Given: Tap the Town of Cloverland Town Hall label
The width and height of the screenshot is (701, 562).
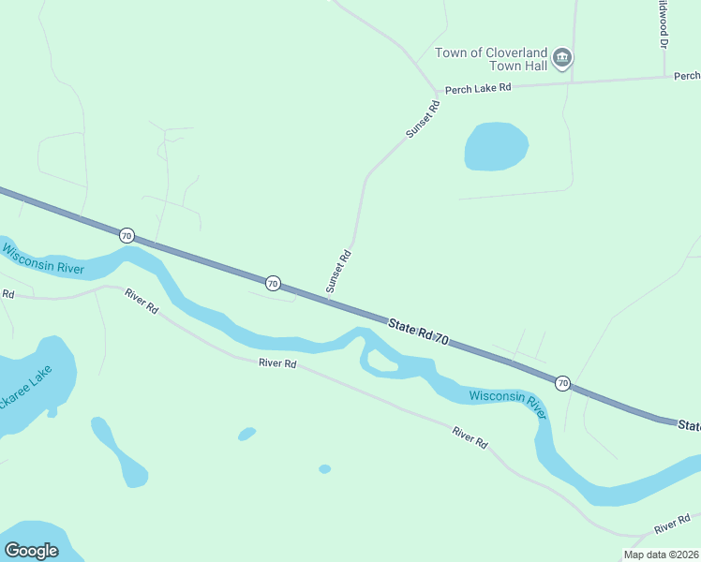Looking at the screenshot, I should pyautogui.click(x=494, y=59).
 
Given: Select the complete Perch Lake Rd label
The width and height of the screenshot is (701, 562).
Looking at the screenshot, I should pyautogui.click(x=478, y=88).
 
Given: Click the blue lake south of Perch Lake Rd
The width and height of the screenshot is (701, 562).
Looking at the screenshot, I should pyautogui.click(x=496, y=147).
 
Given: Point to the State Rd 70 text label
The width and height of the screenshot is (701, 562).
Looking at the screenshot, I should pyautogui.click(x=419, y=333).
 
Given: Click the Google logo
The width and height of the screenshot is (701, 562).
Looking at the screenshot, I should pyautogui.click(x=31, y=551).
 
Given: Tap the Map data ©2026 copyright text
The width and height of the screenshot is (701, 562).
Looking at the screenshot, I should pyautogui.click(x=661, y=555).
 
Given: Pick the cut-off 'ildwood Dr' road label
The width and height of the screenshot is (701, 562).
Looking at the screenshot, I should pyautogui.click(x=662, y=24).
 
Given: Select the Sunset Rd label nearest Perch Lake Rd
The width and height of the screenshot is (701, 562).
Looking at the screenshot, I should pyautogui.click(x=423, y=120).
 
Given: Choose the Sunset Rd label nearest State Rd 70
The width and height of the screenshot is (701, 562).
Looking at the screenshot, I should pyautogui.click(x=338, y=271).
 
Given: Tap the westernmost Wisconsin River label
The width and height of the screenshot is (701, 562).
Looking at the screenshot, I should pyautogui.click(x=43, y=260).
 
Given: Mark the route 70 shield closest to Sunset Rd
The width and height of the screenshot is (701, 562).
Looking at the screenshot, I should pyautogui.click(x=272, y=282).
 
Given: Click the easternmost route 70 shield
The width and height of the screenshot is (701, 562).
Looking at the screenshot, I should pyautogui.click(x=562, y=382).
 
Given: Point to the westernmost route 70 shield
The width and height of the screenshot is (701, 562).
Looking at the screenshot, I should pyautogui.click(x=127, y=234).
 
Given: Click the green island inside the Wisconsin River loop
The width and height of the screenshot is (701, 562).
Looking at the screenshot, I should pyautogui.click(x=380, y=358).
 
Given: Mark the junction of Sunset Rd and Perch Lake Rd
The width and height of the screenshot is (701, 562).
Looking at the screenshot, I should pyautogui.click(x=436, y=93).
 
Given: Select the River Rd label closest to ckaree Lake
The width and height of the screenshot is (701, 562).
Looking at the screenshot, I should pyautogui.click(x=142, y=303).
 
